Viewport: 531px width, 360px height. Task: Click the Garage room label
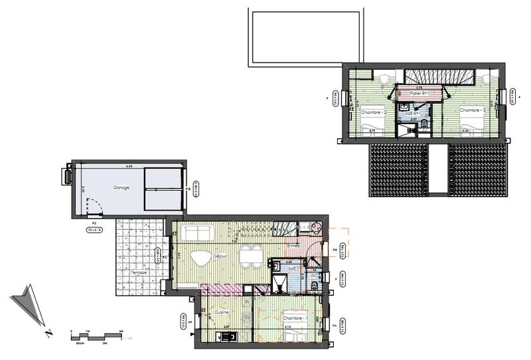point(121,187)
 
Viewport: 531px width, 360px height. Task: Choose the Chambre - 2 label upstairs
point(373,112)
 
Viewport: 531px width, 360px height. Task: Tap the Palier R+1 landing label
point(419,94)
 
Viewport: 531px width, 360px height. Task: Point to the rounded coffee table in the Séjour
point(200,257)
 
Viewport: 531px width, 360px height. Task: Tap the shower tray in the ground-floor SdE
point(283,285)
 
